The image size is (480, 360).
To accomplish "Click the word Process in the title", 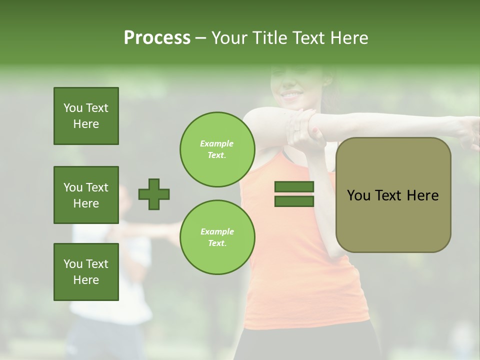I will tap(157, 38).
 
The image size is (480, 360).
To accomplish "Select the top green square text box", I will tap(86, 116).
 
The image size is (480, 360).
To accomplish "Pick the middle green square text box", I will tap(86, 195).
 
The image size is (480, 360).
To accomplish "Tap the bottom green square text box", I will tap(86, 272).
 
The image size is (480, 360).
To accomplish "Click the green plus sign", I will tap(154, 194).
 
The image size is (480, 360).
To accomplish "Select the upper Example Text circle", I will tap(217, 149).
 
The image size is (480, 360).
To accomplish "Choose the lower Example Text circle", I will tap(217, 237).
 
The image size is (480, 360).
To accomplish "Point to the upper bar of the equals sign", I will tap(294, 187).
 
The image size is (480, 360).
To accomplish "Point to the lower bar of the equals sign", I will tap(294, 201).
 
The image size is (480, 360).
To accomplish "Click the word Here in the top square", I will tap(86, 124).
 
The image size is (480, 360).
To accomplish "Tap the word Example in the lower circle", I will tap(217, 231).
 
